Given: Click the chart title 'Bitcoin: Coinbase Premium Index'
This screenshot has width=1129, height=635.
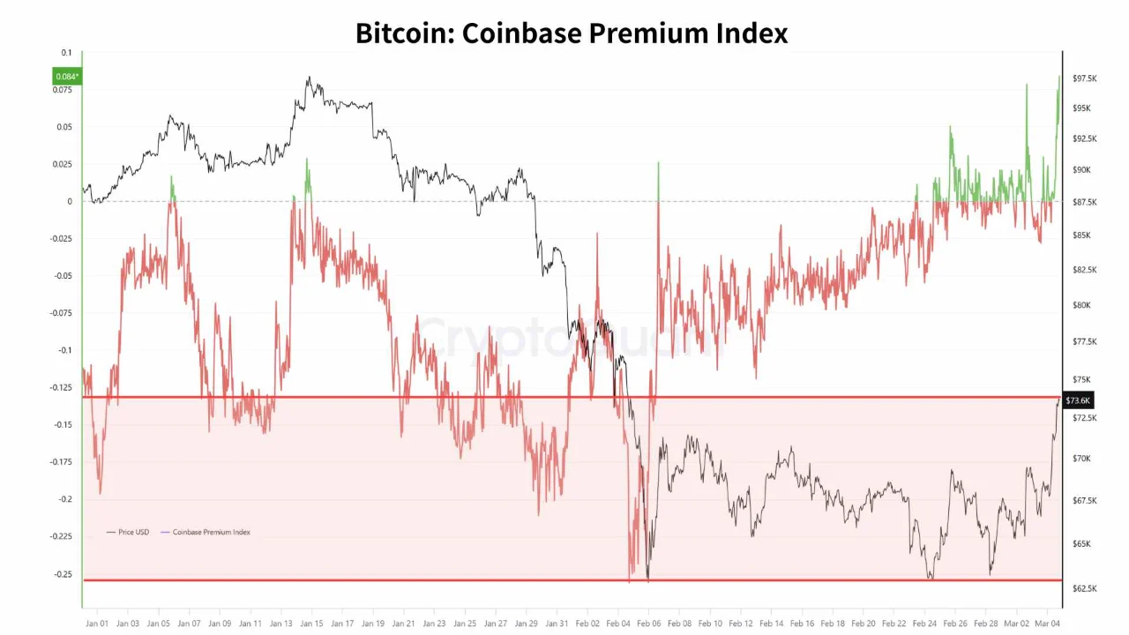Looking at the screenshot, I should pyautogui.click(x=572, y=33).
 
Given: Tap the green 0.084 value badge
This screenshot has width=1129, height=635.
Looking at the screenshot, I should pyautogui.click(x=67, y=77).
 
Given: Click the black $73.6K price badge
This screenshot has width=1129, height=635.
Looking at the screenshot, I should pyautogui.click(x=1078, y=400).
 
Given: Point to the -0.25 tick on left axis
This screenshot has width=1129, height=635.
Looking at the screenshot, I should pyautogui.click(x=63, y=574).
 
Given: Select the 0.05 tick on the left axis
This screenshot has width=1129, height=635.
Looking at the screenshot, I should pyautogui.click(x=65, y=127).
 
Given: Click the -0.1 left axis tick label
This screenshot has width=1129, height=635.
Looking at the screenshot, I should pyautogui.click(x=65, y=350).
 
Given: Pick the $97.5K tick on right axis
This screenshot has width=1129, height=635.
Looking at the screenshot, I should pyautogui.click(x=1084, y=78).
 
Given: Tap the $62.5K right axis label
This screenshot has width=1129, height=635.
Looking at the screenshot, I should pyautogui.click(x=1084, y=588).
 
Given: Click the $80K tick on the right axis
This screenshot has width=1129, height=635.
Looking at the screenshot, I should pyautogui.click(x=1081, y=305).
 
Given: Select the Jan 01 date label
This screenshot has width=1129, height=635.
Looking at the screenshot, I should pyautogui.click(x=97, y=624).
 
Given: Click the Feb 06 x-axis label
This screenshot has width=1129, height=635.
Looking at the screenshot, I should pyautogui.click(x=648, y=624).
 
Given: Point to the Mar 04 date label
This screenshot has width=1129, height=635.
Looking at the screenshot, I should pyautogui.click(x=1047, y=624).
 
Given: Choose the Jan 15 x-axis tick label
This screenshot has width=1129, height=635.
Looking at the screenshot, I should pyautogui.click(x=311, y=624).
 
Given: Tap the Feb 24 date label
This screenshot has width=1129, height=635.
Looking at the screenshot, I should pyautogui.click(x=924, y=624).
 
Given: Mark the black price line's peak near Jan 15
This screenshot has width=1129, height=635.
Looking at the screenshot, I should pyautogui.click(x=310, y=78).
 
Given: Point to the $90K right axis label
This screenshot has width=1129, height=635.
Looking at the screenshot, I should pyautogui.click(x=1081, y=169).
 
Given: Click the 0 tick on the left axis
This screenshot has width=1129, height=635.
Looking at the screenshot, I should pyautogui.click(x=69, y=201).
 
